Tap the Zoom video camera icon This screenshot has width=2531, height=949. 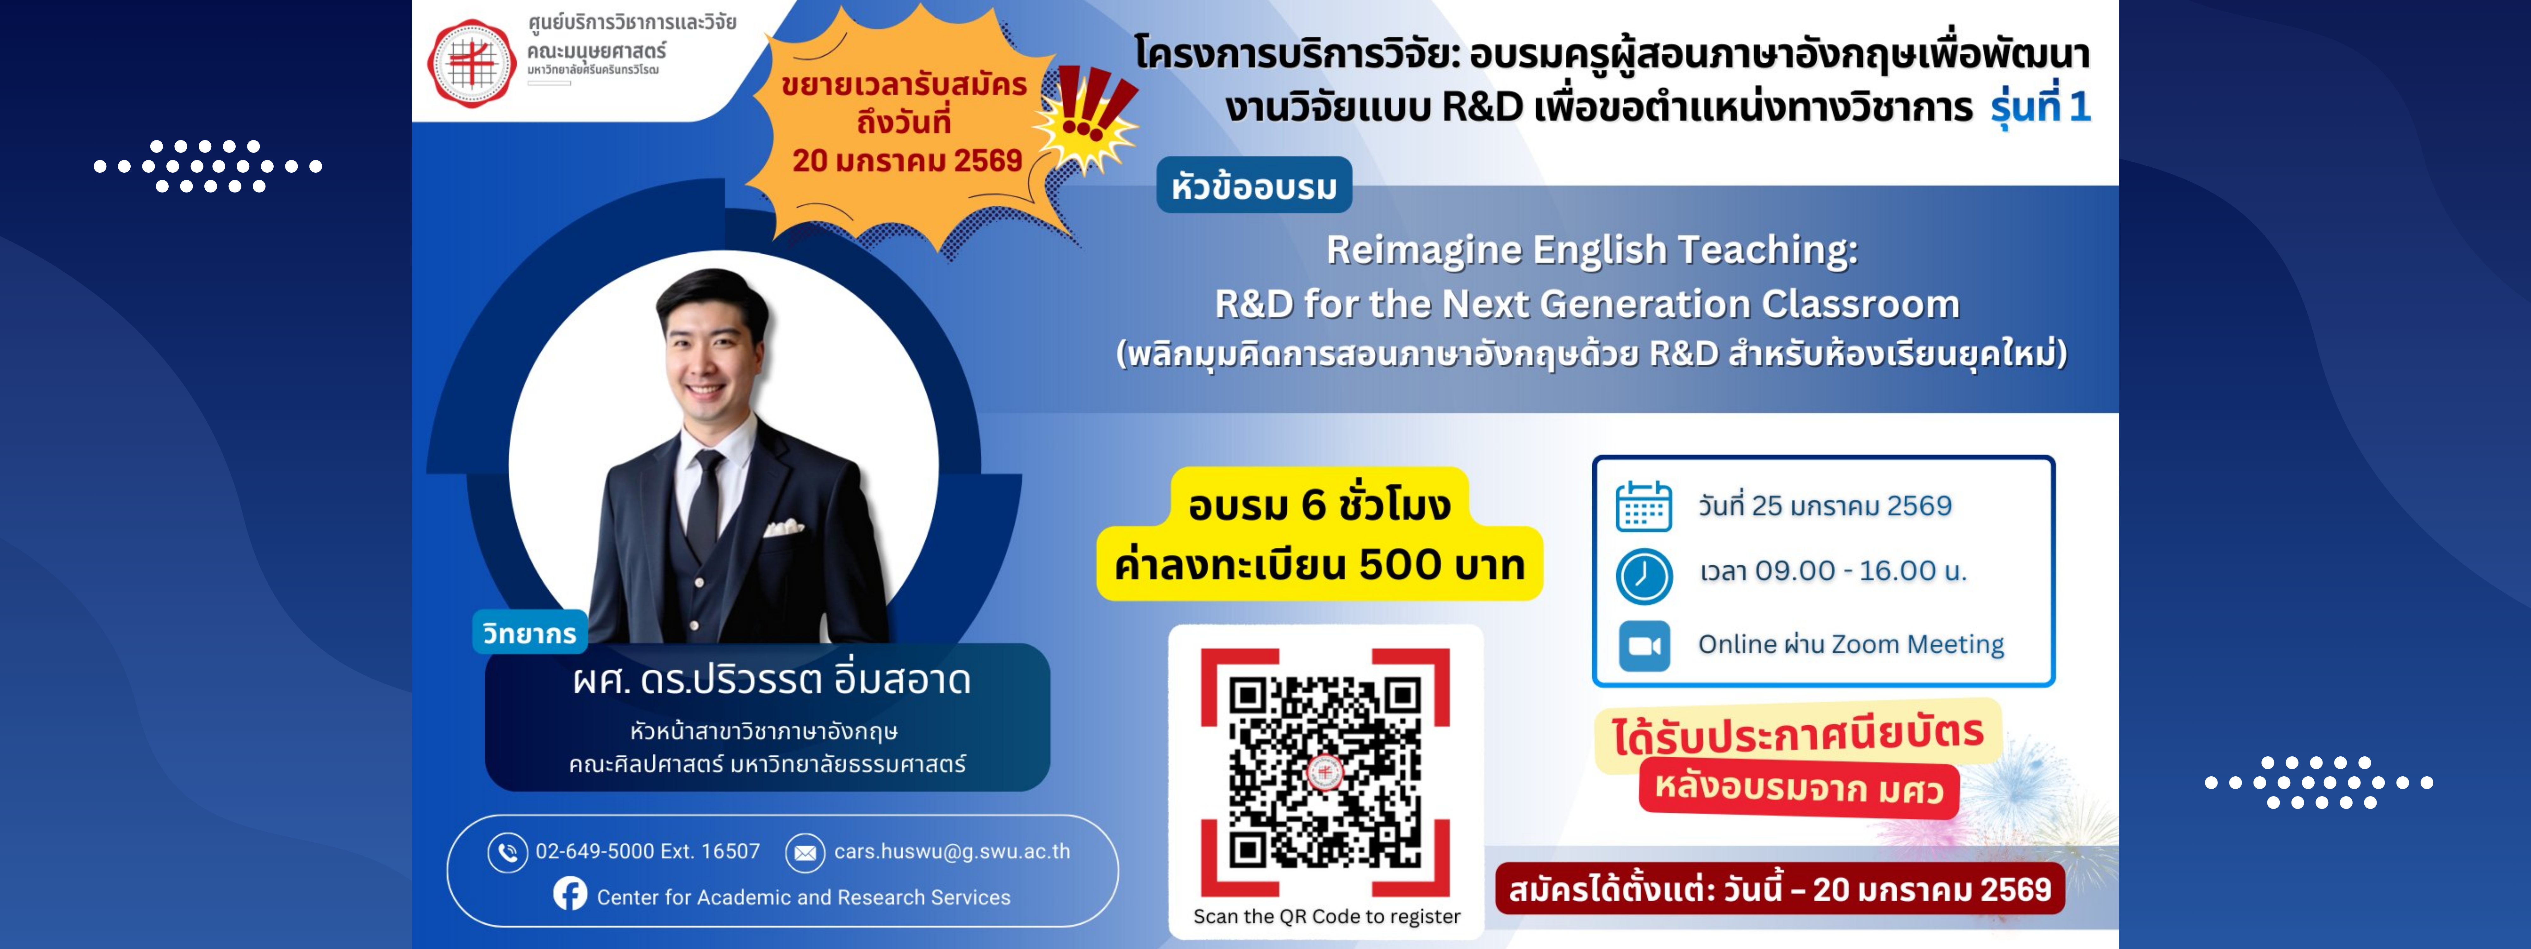point(1644,645)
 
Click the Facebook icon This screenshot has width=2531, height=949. point(570,894)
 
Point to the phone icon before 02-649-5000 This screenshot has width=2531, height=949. point(507,852)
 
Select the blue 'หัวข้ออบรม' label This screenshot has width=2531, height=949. point(1254,186)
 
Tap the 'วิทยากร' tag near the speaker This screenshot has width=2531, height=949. point(530,634)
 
